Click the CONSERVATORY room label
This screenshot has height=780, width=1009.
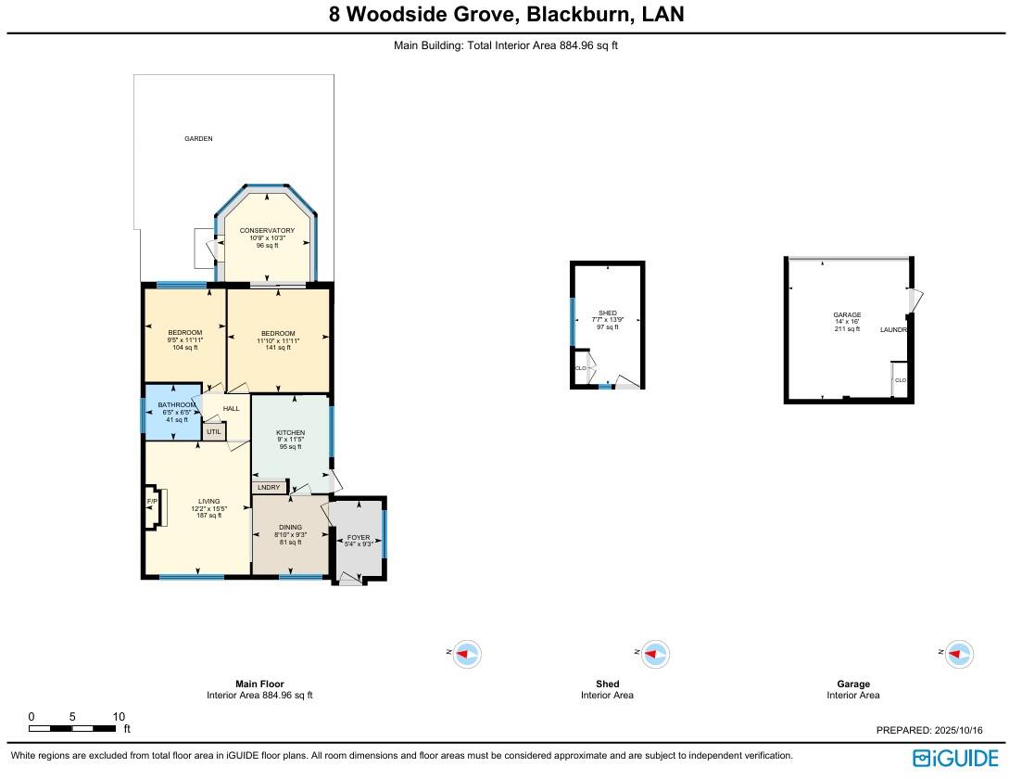pos(267,230)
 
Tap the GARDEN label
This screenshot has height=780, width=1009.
pos(198,138)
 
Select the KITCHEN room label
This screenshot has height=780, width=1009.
pos(290,433)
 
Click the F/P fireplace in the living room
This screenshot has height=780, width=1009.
pos(151,502)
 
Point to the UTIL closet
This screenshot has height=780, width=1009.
pos(214,432)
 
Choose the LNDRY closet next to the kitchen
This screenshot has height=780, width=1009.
pos(269,487)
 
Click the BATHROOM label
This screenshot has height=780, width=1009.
pos(176,405)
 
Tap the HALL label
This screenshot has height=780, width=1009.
pos(232,408)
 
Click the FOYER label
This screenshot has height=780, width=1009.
pos(359,537)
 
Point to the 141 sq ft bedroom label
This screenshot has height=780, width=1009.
pos(278,334)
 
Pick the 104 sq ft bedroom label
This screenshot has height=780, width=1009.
pos(185,333)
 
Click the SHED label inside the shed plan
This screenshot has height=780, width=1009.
pos(607,313)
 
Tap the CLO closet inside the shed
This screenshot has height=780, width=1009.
pos(581,368)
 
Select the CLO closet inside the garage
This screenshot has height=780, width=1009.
pos(900,380)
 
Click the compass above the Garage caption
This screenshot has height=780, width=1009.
pos(959,654)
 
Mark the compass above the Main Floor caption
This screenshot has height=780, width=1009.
pos(469,654)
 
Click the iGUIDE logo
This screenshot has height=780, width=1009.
pos(955,758)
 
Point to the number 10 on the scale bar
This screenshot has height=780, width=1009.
pos(119,717)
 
